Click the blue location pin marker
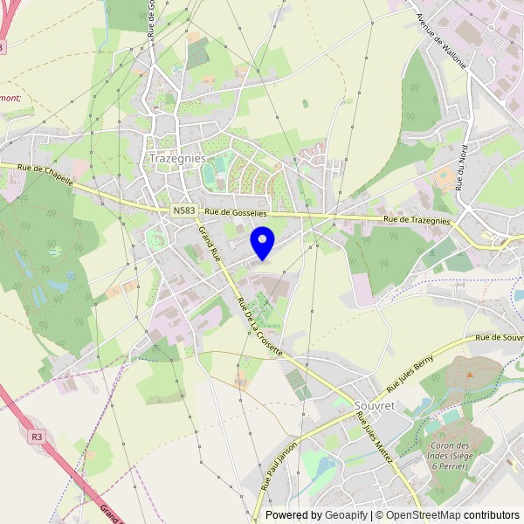pos(262,242)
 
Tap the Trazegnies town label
pos(177,159)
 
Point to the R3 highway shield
pos(36,436)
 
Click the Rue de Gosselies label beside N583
pos(236,213)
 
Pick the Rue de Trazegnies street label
pos(417,220)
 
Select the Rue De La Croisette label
pos(259,325)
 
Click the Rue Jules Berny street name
pos(410,376)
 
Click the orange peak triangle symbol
pos(470,374)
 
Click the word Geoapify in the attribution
pos(346,515)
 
